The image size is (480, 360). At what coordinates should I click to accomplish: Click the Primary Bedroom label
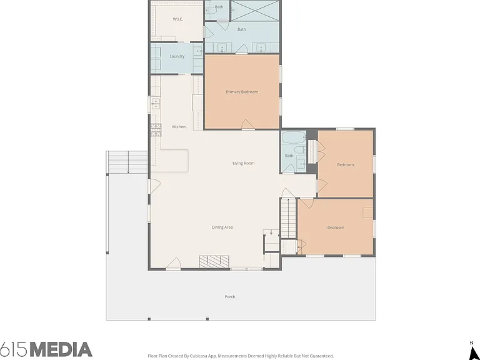click(x=242, y=92)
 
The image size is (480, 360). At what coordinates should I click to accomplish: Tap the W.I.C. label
click(x=178, y=19)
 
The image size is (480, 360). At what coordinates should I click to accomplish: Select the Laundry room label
click(x=177, y=56)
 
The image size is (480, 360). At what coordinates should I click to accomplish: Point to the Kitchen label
click(x=179, y=127)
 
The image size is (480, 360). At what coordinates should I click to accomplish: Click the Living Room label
click(x=243, y=163)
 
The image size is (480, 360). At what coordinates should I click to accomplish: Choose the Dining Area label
click(x=222, y=227)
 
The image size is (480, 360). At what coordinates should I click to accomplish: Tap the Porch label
click(x=230, y=297)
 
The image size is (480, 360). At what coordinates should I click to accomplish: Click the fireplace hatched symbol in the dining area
click(x=214, y=262)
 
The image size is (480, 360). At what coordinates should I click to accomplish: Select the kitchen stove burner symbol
click(x=156, y=130)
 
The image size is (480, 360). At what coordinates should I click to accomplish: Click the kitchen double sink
click(x=156, y=104)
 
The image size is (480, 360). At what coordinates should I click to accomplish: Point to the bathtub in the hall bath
click(x=294, y=137)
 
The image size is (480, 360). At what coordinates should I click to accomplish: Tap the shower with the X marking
click(x=255, y=11)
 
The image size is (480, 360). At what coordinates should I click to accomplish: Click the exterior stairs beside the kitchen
click(x=127, y=162)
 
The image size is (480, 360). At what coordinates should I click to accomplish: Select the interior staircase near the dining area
click(x=288, y=218)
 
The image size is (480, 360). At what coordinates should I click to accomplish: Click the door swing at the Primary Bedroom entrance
click(x=247, y=124)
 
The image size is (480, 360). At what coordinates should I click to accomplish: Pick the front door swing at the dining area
click(x=173, y=264)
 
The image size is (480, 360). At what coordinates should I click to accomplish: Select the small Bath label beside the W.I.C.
click(x=219, y=7)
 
